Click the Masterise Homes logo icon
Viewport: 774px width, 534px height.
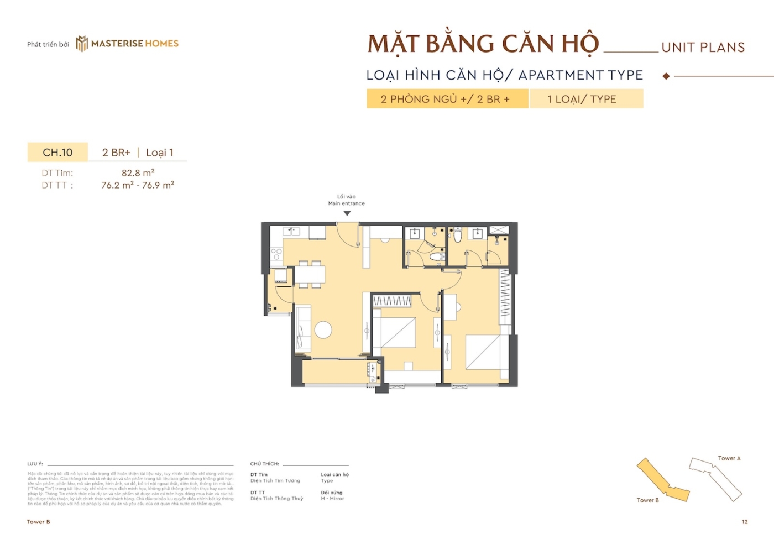[82, 44]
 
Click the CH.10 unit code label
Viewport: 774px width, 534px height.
[57, 153]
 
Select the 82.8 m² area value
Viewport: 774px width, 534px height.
[138, 173]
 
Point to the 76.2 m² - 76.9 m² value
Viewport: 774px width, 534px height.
[138, 185]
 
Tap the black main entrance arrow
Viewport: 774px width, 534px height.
[347, 213]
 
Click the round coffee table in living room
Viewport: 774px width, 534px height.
[323, 330]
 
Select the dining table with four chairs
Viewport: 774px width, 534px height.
[310, 274]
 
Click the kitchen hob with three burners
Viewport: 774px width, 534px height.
[276, 254]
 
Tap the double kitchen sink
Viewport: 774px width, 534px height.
[291, 231]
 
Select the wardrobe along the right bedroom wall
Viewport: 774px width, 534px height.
[505, 296]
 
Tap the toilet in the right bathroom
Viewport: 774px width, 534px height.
[458, 236]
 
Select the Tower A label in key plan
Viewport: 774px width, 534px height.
[729, 458]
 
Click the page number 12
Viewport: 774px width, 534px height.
[745, 522]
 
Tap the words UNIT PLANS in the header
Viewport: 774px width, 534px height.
[703, 48]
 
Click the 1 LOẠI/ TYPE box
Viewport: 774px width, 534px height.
[586, 99]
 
